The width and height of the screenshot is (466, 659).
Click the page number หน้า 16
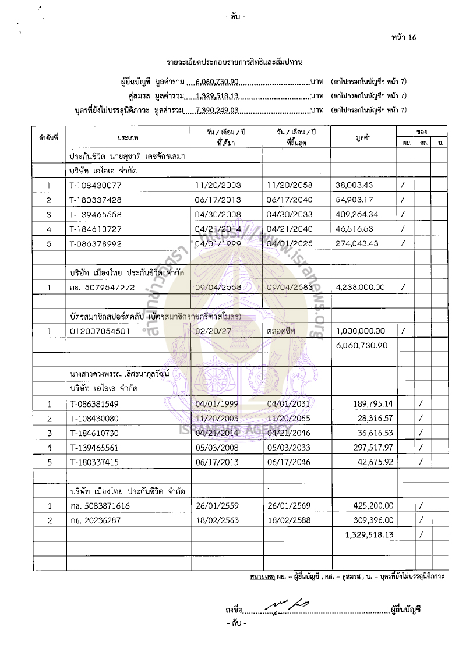pyautogui.click(x=405, y=38)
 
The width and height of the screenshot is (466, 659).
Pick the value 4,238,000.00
pyautogui.click(x=361, y=287)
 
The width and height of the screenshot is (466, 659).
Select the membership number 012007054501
pyautogui.click(x=99, y=331)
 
